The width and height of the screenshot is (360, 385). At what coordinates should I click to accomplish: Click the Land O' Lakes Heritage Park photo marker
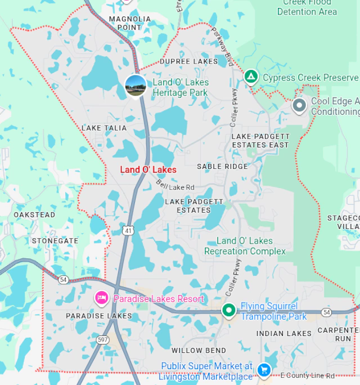pos(136,86)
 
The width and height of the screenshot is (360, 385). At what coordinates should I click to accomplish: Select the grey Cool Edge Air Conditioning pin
pos(299,105)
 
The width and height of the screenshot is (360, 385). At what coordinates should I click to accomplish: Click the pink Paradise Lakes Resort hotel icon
pos(101,298)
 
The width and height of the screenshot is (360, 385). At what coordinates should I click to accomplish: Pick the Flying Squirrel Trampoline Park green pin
pos(228,310)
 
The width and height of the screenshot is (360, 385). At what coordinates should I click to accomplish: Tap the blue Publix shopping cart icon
pos(263,370)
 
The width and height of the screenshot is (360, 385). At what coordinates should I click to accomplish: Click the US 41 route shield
pos(129,230)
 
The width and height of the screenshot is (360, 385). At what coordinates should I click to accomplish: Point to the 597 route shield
pos(102,339)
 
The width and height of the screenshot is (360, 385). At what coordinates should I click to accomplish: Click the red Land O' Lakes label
pos(148,169)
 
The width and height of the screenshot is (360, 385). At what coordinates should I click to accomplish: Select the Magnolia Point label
pos(130,23)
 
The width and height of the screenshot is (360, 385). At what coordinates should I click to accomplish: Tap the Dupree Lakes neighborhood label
pos(188,61)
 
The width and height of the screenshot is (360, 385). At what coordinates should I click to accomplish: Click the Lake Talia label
pos(104,128)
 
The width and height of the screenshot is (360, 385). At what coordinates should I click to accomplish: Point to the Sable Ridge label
pos(222,167)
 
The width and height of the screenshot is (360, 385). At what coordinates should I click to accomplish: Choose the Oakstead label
pos(34,215)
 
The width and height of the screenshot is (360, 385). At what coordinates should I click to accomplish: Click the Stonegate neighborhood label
pos(55,240)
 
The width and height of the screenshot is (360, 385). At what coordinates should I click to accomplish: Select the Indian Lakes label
pos(284,333)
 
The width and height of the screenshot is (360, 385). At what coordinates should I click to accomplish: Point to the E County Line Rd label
pos(307,375)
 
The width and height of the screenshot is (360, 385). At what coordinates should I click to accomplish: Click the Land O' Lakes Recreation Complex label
pos(245,246)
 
